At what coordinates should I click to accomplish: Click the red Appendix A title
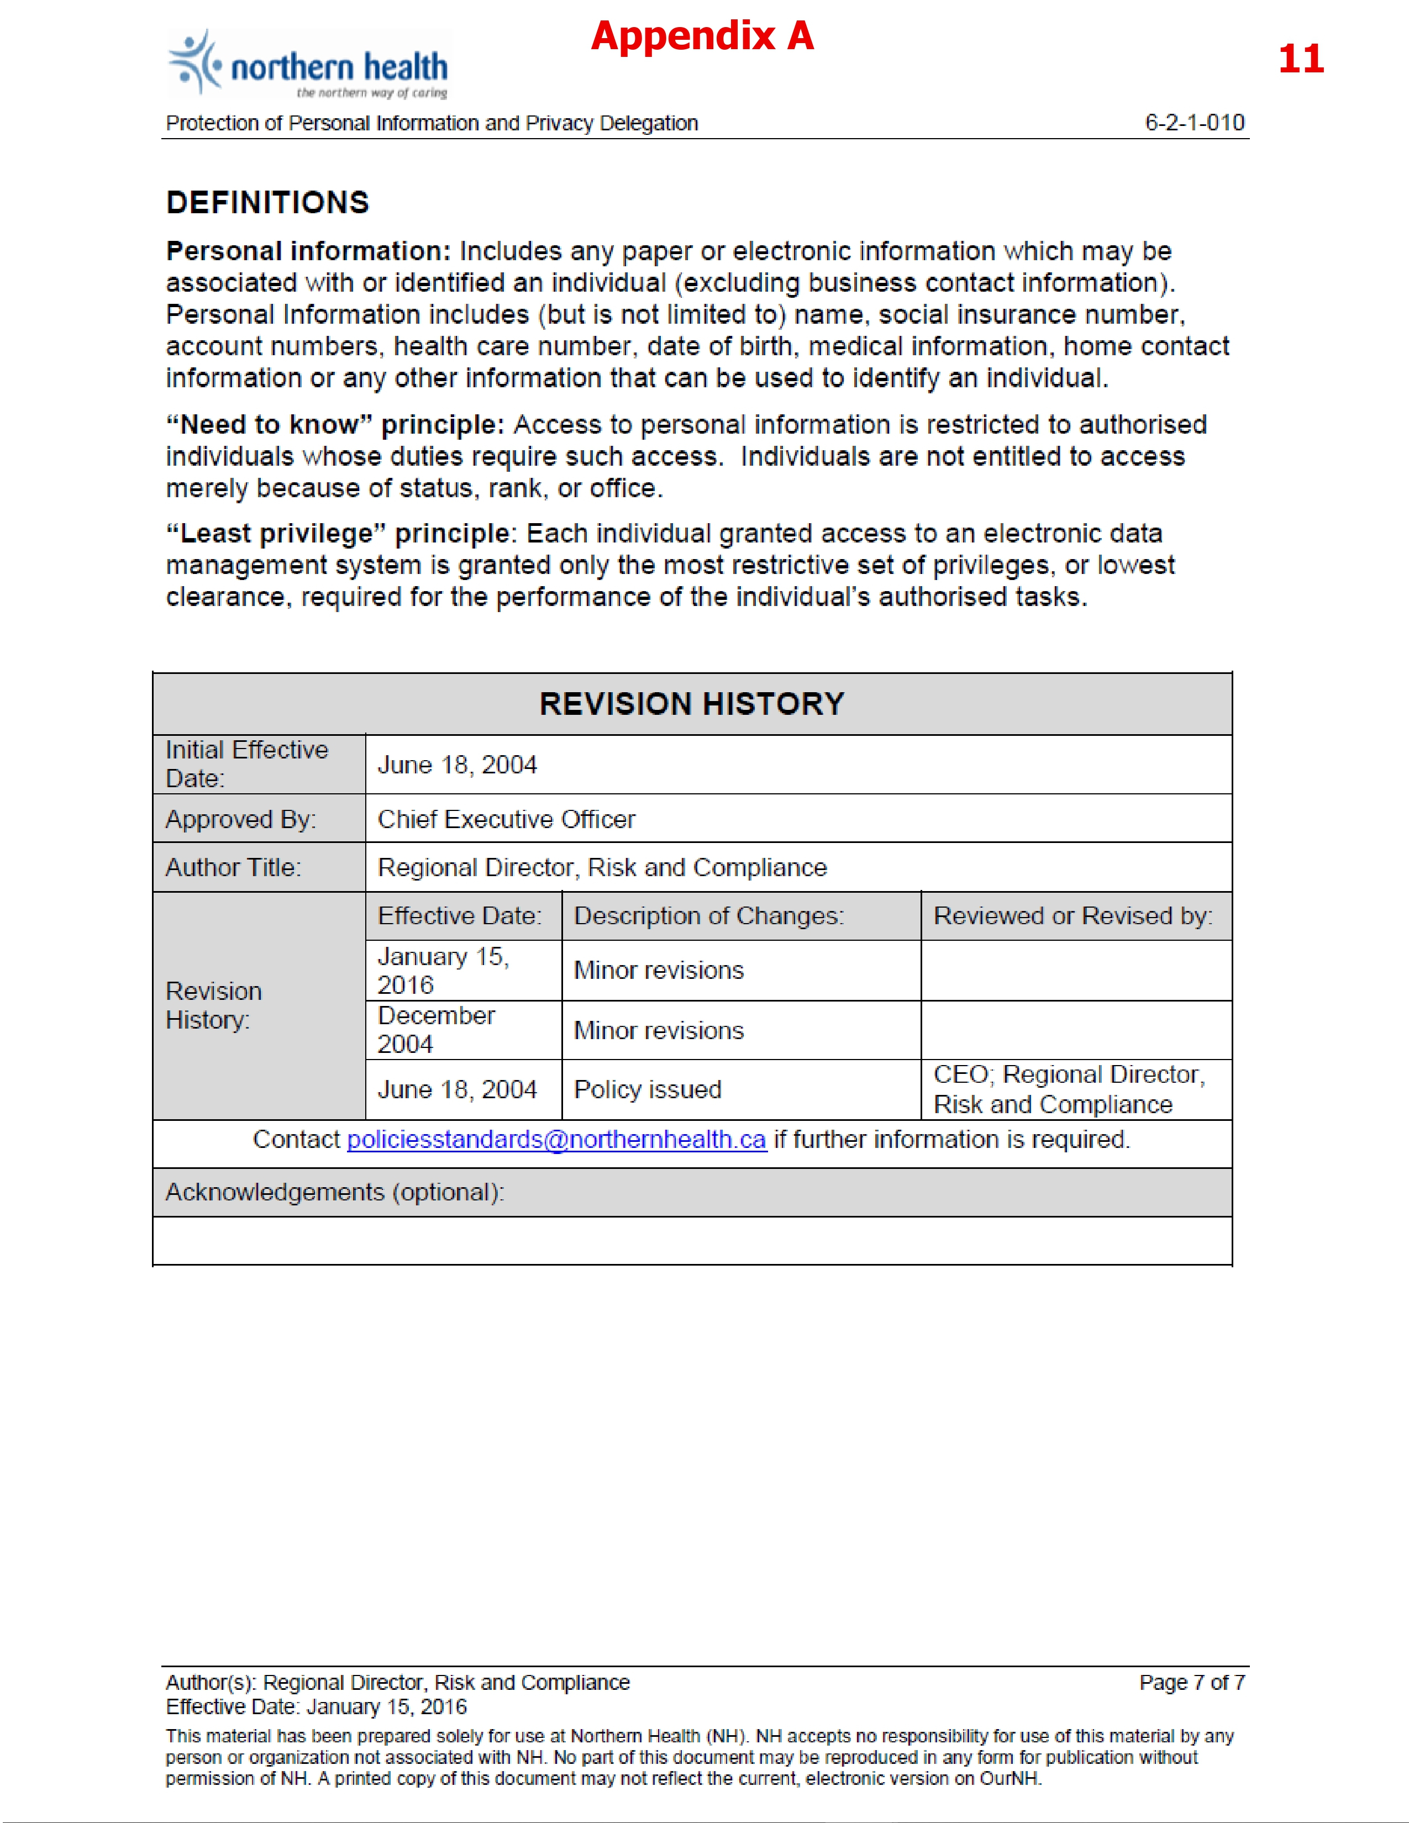click(702, 36)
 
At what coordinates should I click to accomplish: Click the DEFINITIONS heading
click(267, 203)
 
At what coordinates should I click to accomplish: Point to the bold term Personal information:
click(308, 251)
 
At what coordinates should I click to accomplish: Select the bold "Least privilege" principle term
click(338, 534)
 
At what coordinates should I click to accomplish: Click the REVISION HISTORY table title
click(692, 704)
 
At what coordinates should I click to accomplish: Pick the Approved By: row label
click(240, 819)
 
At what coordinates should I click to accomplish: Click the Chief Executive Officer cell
click(506, 819)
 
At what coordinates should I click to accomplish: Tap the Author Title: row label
click(233, 867)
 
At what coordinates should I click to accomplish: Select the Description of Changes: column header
click(709, 916)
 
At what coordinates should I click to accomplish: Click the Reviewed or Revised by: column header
click(1072, 916)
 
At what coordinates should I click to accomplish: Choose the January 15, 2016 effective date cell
click(443, 970)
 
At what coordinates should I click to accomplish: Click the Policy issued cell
click(648, 1089)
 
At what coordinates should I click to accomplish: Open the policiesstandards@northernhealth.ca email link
click(556, 1139)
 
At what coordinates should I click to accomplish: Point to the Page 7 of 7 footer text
click(1192, 1682)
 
